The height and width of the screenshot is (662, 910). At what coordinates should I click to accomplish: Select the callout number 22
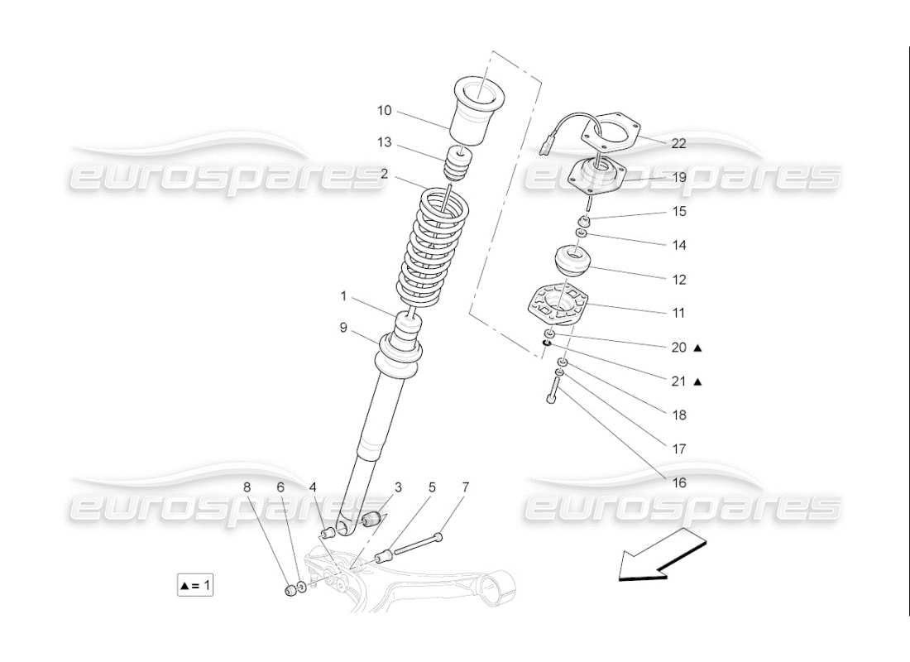[678, 143]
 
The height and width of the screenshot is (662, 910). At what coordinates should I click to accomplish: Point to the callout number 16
[678, 482]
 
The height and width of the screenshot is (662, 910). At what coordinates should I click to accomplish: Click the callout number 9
[342, 327]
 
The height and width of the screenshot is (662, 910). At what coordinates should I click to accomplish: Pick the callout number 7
[465, 487]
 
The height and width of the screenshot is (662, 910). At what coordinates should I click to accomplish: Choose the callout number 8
[247, 487]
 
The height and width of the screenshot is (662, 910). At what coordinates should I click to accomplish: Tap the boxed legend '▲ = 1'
[196, 586]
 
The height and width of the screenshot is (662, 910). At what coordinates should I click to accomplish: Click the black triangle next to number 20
[698, 348]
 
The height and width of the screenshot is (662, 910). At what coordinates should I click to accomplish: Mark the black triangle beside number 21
[698, 382]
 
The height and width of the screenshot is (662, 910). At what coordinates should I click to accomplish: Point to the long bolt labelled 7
[418, 545]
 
